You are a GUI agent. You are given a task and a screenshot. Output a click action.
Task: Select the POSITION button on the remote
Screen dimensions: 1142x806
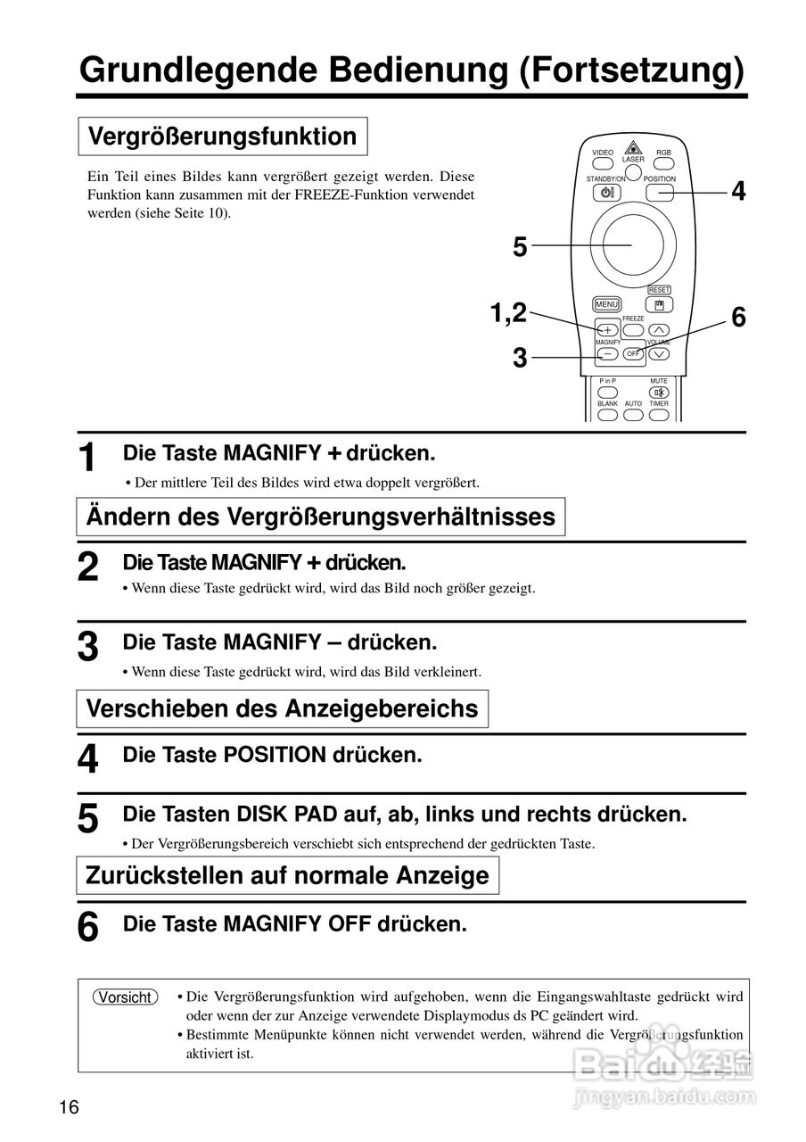(x=660, y=192)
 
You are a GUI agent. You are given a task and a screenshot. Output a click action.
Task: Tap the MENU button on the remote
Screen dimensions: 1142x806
(x=606, y=304)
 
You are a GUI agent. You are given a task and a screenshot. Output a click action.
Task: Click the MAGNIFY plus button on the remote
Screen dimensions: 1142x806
(x=607, y=330)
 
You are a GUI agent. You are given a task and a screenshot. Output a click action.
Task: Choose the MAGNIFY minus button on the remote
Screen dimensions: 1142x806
(x=607, y=353)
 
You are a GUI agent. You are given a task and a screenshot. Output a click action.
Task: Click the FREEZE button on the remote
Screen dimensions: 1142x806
(x=633, y=328)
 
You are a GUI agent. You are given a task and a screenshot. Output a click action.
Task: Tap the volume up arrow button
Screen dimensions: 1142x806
(x=659, y=330)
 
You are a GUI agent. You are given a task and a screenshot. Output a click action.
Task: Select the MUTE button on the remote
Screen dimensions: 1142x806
(x=659, y=393)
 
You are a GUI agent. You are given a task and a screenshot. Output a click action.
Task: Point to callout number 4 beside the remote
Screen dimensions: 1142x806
(x=738, y=191)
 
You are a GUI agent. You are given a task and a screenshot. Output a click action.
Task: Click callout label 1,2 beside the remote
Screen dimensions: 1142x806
(x=508, y=312)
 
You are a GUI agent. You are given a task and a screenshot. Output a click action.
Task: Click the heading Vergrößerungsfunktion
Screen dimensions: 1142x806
(x=223, y=137)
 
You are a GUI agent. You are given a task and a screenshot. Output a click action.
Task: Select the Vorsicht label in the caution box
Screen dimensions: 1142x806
(x=126, y=997)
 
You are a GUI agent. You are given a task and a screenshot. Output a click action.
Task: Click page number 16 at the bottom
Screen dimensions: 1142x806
(x=70, y=1108)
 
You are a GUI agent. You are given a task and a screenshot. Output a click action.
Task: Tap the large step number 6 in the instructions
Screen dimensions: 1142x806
(x=87, y=926)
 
